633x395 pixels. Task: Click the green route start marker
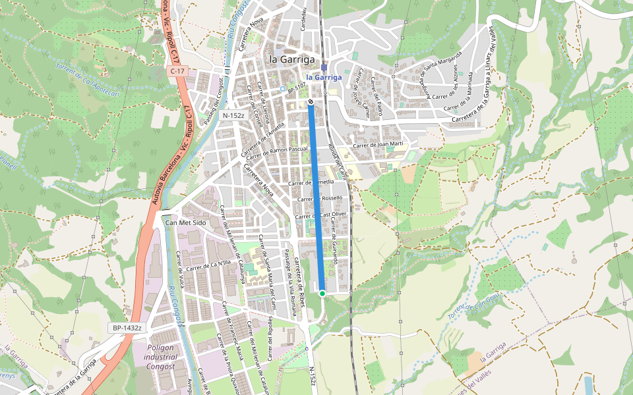point(322,293)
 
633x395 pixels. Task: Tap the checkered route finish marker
point(310,101)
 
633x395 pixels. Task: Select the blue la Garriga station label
point(324,77)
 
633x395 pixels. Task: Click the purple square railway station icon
point(324,67)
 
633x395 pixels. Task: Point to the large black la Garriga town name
point(291,59)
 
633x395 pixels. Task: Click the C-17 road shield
point(177,70)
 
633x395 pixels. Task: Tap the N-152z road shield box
point(233,115)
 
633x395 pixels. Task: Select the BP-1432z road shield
point(127,327)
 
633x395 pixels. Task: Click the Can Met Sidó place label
point(185,223)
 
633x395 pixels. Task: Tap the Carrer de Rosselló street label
point(320,198)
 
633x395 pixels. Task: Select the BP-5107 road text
point(296,87)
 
